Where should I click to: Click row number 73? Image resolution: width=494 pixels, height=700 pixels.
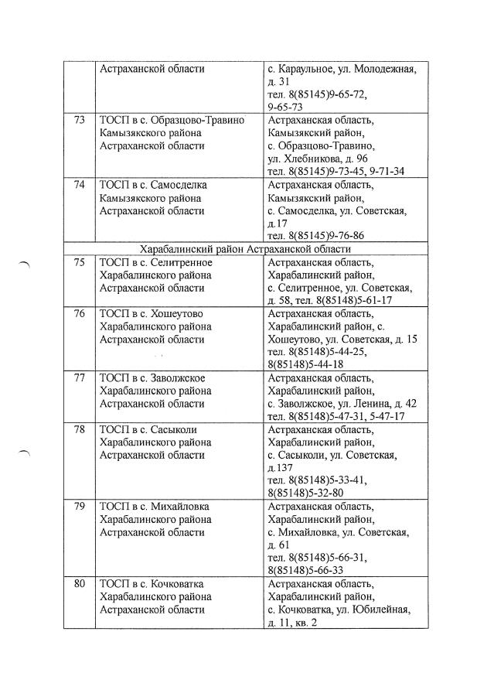79,120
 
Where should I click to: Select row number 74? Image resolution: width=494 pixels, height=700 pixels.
79,186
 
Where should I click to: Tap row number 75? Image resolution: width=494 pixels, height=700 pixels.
79,262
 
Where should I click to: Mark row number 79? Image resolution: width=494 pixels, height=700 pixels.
79,507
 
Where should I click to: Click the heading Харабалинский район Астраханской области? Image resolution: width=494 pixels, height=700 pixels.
245,249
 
